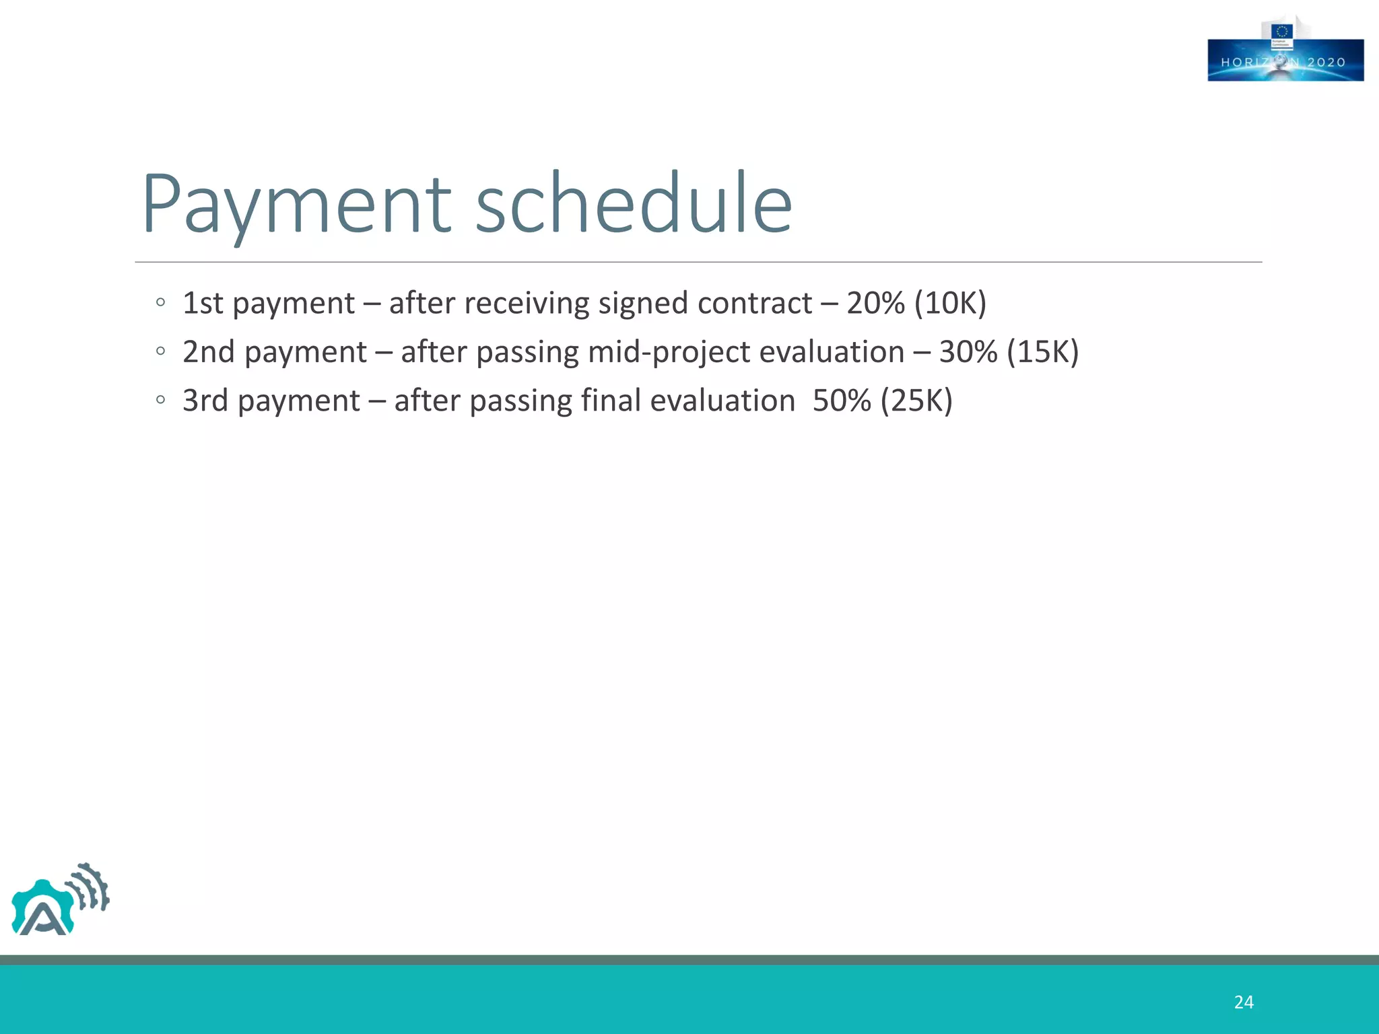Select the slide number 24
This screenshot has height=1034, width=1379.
[x=1244, y=1002]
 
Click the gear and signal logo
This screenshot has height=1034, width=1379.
[x=60, y=900]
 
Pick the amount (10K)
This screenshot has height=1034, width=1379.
[x=950, y=303]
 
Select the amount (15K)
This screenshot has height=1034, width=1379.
[x=1043, y=352]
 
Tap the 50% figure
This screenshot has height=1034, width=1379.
[x=842, y=401]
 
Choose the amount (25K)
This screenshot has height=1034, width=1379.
[x=916, y=401]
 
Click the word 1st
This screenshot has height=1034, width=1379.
[x=203, y=303]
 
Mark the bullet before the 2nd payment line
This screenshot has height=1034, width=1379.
[x=160, y=351]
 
